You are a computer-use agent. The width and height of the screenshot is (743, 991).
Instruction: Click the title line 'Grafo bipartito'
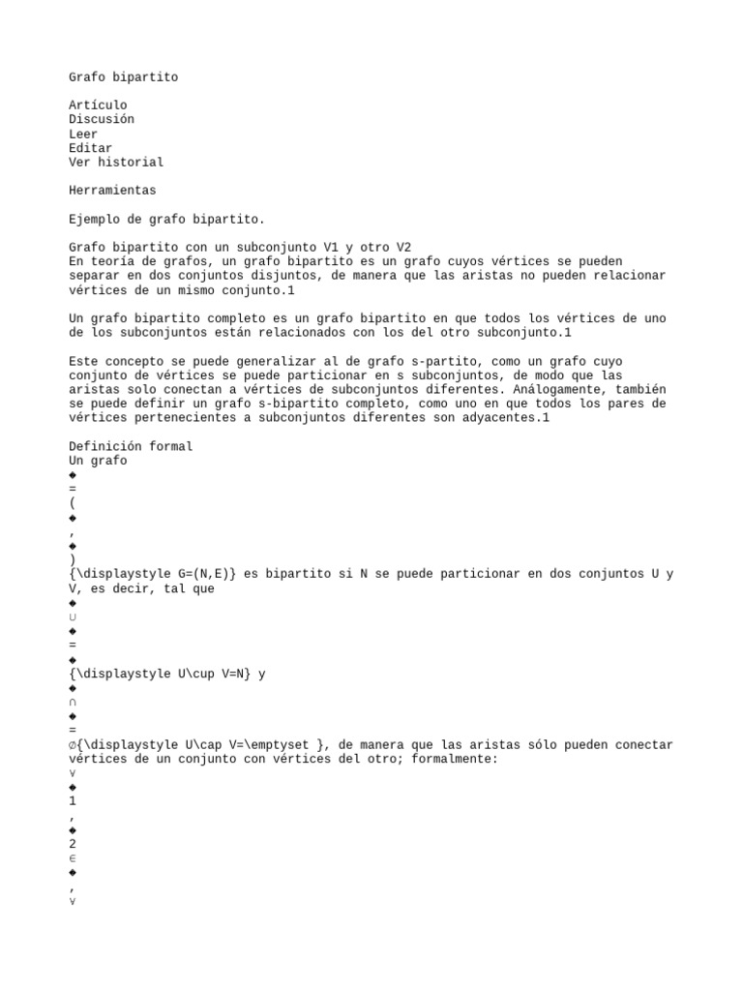click(123, 77)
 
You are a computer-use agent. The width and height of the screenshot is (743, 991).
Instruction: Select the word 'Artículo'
click(98, 105)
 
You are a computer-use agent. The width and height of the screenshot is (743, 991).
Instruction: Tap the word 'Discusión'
click(102, 120)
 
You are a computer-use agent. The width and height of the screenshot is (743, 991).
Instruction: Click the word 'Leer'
click(83, 135)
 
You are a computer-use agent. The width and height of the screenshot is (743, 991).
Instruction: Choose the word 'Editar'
click(90, 148)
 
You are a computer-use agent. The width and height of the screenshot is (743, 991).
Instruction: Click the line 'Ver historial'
click(116, 163)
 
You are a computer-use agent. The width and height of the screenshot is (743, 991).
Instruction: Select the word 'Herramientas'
click(112, 191)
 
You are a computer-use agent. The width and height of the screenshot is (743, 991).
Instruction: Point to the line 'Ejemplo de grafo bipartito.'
click(166, 220)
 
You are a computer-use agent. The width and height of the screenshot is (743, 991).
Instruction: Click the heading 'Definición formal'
click(131, 447)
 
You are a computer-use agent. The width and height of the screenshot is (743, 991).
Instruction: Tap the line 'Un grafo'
click(98, 461)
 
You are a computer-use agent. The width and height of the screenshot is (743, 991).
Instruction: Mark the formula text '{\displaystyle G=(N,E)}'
click(152, 574)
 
